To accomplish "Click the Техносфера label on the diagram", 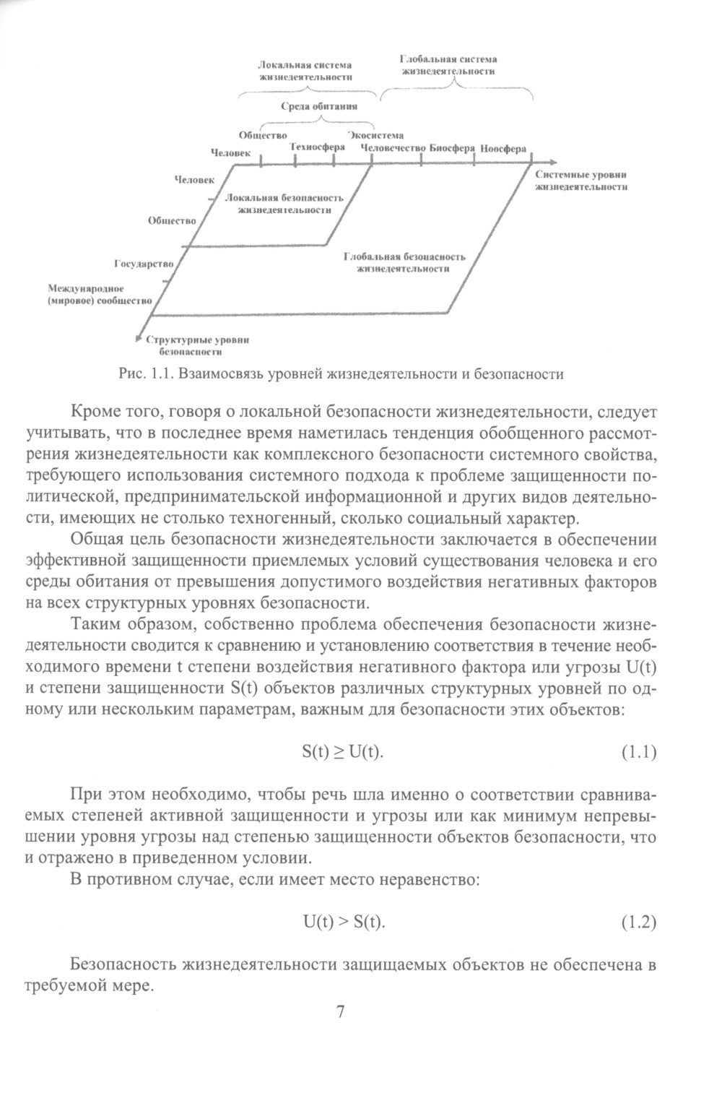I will (x=317, y=147).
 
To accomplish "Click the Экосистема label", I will (x=375, y=135).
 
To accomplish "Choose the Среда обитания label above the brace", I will (x=319, y=106).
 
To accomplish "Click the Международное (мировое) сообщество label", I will (x=99, y=295).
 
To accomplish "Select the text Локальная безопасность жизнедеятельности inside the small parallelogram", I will (x=284, y=204).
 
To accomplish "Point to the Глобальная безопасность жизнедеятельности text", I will (x=404, y=262).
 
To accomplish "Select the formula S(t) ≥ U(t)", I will (x=342, y=752).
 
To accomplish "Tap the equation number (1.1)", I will (x=638, y=753).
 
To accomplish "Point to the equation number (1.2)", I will (x=638, y=923).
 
